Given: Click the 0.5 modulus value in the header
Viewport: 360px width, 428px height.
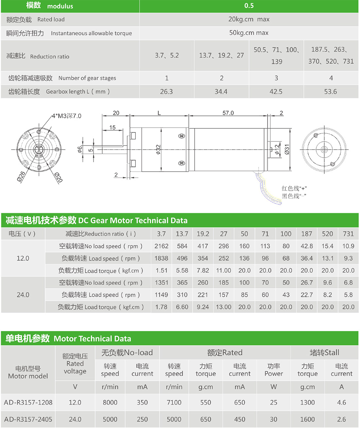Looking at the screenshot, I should coord(249,6).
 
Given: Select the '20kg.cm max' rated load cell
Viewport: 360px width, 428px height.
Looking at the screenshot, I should coord(249,19).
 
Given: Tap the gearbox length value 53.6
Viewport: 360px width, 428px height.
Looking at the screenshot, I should coord(331,92).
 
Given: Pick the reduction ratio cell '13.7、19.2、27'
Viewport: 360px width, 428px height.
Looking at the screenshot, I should coord(221,55).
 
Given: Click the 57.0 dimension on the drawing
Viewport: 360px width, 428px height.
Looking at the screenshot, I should coord(228,113).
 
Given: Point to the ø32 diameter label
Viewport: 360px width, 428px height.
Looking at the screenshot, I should coord(158,150).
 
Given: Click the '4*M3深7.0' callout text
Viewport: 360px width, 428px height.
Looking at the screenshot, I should coord(66,116).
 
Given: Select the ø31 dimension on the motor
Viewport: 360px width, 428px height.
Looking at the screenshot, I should coord(287,149).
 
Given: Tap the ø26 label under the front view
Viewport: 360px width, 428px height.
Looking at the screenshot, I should coord(21,177).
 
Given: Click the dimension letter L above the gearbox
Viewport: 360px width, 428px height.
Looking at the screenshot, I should coord(159,113).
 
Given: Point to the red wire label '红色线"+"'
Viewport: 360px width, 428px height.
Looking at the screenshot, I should coord(294,188).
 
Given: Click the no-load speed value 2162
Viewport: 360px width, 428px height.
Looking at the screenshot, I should coord(161,246).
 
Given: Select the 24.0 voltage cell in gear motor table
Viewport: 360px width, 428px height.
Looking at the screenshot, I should coord(23,295).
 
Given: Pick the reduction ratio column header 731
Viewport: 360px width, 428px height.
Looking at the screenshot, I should coord(348,234).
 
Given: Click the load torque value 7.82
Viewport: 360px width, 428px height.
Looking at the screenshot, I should coord(203,270).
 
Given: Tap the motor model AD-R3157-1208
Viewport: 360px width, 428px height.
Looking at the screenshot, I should coord(28,402).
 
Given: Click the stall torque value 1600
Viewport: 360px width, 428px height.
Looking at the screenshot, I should coord(307,419).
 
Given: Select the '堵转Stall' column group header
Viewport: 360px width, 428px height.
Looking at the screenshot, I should coord(324,353).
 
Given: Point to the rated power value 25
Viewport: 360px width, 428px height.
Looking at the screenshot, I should coord(274,402).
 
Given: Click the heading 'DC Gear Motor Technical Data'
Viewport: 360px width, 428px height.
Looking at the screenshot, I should coord(133,220).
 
